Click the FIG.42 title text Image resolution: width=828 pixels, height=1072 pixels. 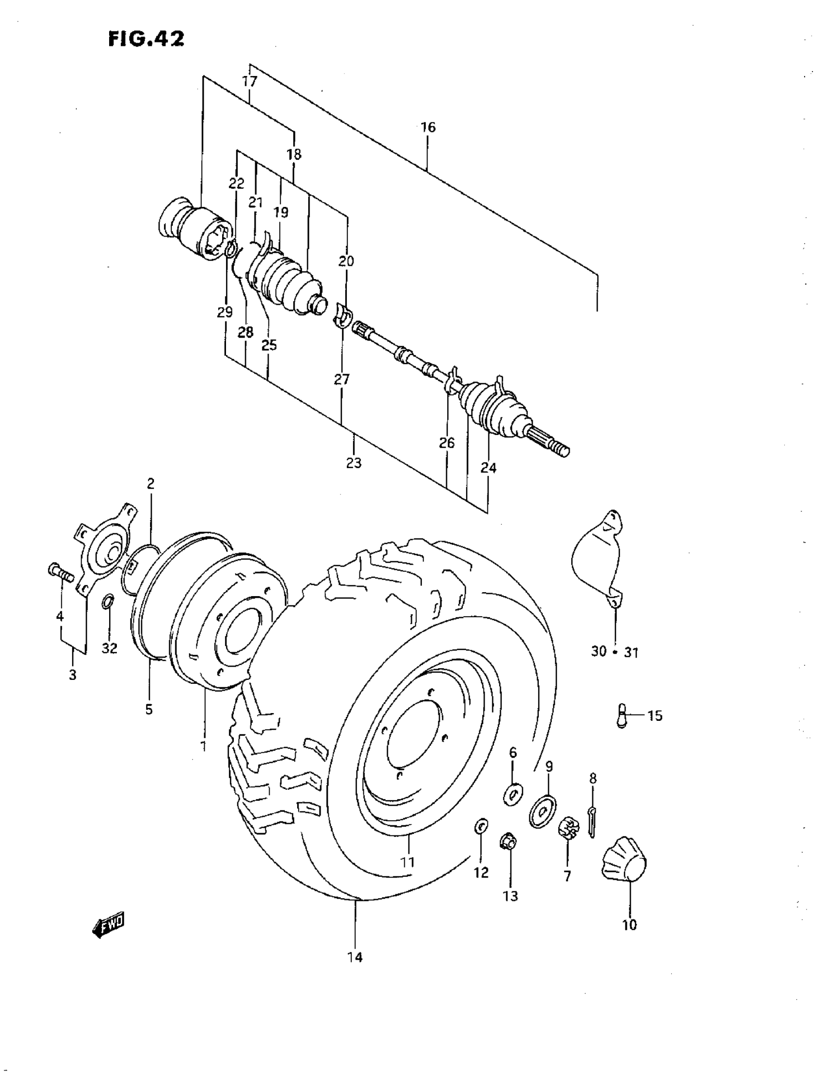pyautogui.click(x=146, y=38)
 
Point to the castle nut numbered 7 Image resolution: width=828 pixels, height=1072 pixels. pyautogui.click(x=567, y=829)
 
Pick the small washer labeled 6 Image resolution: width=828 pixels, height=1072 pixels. pyautogui.click(x=514, y=794)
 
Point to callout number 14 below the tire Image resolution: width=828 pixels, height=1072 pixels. pyautogui.click(x=355, y=957)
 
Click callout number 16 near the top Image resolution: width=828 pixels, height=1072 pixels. pyautogui.click(x=428, y=127)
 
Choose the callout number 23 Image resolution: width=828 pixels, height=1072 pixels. pyautogui.click(x=354, y=462)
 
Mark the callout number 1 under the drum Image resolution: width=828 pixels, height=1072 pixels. pyautogui.click(x=203, y=746)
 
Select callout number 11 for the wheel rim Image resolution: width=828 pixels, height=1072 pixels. pyautogui.click(x=408, y=862)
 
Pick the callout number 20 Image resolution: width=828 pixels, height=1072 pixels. pyautogui.click(x=346, y=261)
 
